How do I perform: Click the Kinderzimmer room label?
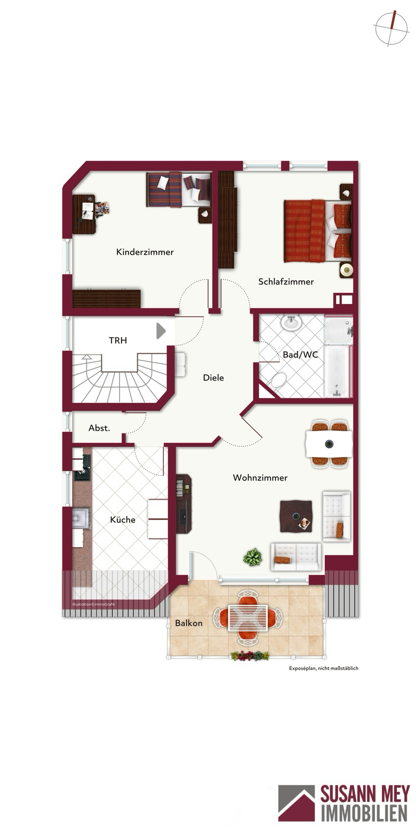coord(144,252)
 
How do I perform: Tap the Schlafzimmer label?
coord(286,282)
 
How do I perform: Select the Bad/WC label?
coord(300,355)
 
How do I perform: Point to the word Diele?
coord(213,378)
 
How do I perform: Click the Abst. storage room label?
coord(99,428)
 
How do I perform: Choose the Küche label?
coord(123,519)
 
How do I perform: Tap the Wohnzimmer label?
coord(260,478)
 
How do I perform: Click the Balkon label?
coord(189,623)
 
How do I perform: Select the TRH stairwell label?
coord(118,340)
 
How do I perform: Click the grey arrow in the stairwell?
coord(161,331)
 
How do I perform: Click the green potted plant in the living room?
coord(253,557)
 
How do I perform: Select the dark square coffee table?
coord(296,516)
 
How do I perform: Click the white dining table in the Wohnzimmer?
coord(328,443)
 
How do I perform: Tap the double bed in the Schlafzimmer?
coord(318,230)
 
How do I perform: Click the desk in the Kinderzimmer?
coord(84,214)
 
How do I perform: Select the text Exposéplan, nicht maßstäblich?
coord(324,668)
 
